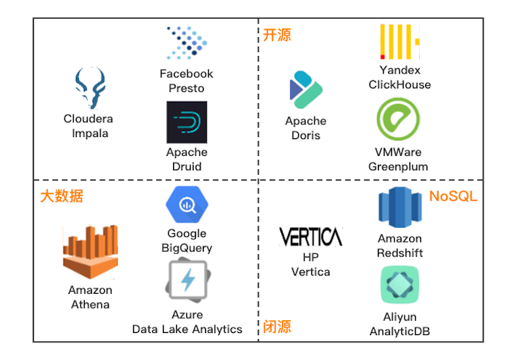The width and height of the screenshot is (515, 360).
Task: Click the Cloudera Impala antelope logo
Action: (91, 88)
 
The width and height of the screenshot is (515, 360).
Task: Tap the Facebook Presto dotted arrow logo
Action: (187, 43)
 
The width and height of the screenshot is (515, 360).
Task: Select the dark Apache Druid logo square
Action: (187, 122)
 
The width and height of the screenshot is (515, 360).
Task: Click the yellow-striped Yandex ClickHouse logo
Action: (399, 42)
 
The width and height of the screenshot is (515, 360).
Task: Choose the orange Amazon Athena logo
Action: (91, 252)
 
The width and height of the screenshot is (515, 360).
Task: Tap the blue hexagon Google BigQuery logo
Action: (187, 205)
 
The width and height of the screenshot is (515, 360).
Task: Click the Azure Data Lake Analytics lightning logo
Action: (187, 280)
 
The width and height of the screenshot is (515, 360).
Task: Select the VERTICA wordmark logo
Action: (311, 236)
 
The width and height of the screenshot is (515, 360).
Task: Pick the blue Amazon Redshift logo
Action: (400, 207)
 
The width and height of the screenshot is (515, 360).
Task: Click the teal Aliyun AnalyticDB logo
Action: (399, 284)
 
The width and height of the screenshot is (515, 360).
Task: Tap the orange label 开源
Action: (277, 35)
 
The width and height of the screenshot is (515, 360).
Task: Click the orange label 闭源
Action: (277, 327)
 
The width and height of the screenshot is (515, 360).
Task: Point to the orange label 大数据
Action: (62, 197)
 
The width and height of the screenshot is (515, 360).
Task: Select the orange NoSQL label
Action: (453, 197)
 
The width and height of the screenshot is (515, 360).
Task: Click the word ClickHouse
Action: (399, 84)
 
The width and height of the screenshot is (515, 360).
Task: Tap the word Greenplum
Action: (398, 167)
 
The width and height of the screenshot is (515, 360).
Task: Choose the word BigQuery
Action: (187, 248)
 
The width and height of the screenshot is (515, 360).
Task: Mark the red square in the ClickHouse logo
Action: (383, 57)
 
